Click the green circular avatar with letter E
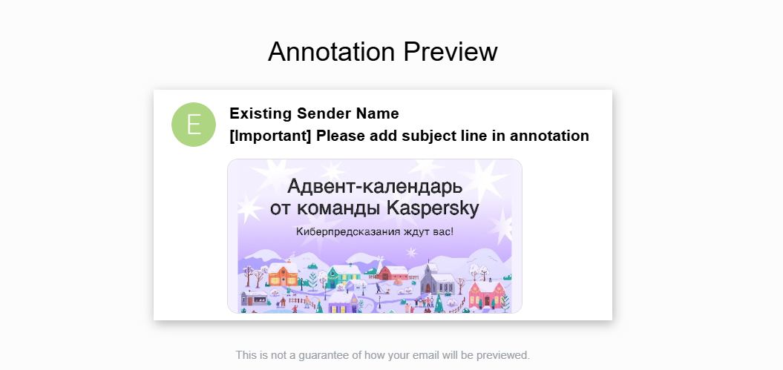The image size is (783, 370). point(193,125)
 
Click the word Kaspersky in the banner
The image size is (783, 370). point(433,208)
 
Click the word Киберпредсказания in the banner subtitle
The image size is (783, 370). point(342,232)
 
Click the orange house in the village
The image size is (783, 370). point(282,277)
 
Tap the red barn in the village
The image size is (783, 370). point(393,274)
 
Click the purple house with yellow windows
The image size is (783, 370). point(342,305)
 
